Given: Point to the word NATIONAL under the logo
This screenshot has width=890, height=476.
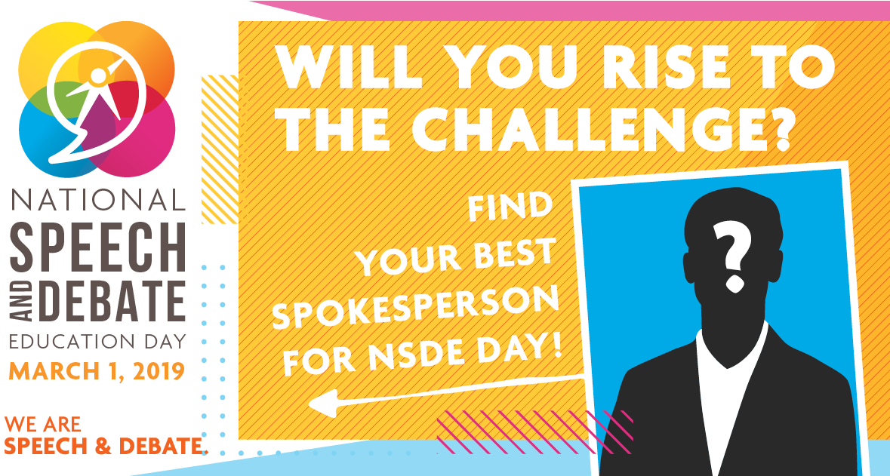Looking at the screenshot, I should coord(98,200).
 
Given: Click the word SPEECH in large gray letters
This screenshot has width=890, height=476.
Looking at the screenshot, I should coord(98,245).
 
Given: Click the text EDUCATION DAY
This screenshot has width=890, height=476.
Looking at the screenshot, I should coord(98,340).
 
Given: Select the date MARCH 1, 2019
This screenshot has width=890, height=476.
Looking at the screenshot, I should coord(98,371).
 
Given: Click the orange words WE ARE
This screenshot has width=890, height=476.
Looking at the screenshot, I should coord(42,425).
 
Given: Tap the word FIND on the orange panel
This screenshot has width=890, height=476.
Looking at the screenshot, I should coord(510,207).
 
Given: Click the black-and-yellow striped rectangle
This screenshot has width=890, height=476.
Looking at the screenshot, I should coord(220,143).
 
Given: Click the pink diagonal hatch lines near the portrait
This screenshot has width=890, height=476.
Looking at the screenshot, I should coord(528,430).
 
